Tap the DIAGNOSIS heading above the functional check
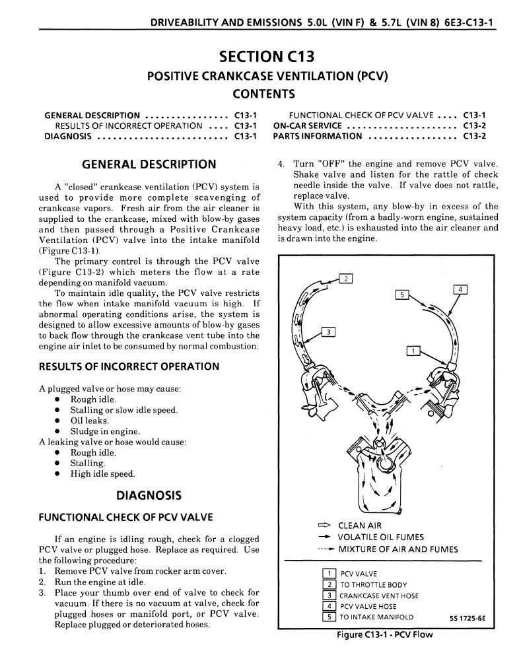tap(149, 495)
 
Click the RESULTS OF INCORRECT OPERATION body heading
tap(129, 366)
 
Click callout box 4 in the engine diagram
tap(460, 289)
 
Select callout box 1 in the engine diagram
tap(413, 351)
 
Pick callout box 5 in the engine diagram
tap(403, 295)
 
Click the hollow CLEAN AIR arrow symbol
tap(324, 526)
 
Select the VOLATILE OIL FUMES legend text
tap(381, 537)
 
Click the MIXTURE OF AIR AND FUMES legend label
tap(398, 549)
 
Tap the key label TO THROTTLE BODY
tap(373, 585)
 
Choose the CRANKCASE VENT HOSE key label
tap(379, 596)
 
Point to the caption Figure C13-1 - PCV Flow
tap(385, 635)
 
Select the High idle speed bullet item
tap(102, 473)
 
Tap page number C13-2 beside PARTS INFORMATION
tap(474, 136)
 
